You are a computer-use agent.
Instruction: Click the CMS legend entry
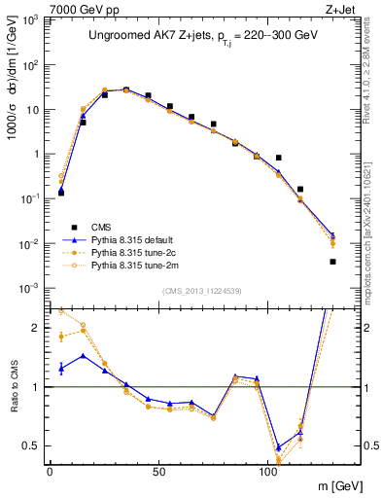[100, 226]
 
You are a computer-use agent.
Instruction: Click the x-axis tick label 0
[50, 470]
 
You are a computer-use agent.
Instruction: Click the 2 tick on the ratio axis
[34, 328]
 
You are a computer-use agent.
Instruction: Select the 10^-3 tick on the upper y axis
[27, 288]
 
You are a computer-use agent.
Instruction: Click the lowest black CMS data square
[332, 262]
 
